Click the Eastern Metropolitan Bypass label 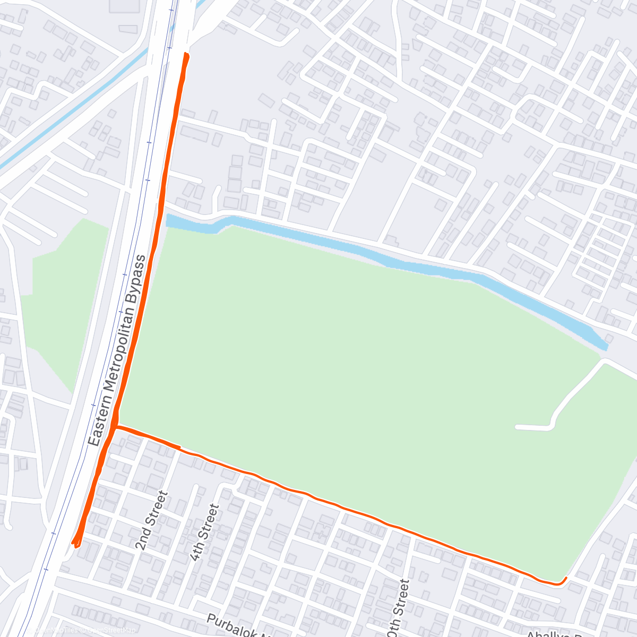(x=117, y=351)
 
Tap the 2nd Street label (x=151, y=520)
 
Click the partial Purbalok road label (x=239, y=627)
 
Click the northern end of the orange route (x=186, y=54)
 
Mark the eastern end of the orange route (x=566, y=578)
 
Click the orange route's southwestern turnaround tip (x=75, y=544)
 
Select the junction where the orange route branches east (x=116, y=426)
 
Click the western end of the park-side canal (x=169, y=220)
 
